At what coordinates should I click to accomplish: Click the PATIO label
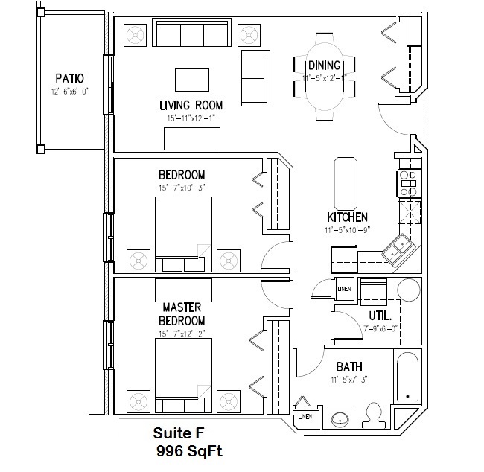(x=69, y=78)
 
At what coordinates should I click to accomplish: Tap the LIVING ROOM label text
(x=191, y=105)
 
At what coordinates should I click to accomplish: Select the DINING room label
(x=325, y=66)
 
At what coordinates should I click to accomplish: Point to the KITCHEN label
(x=347, y=217)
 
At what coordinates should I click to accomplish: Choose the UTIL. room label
(x=380, y=315)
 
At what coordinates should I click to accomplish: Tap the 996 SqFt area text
(x=189, y=450)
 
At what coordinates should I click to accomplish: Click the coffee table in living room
(x=192, y=80)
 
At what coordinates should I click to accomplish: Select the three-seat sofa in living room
(x=191, y=35)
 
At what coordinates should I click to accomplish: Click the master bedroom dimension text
(x=182, y=334)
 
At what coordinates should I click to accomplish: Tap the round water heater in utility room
(x=409, y=290)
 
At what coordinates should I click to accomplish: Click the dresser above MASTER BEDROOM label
(x=183, y=288)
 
